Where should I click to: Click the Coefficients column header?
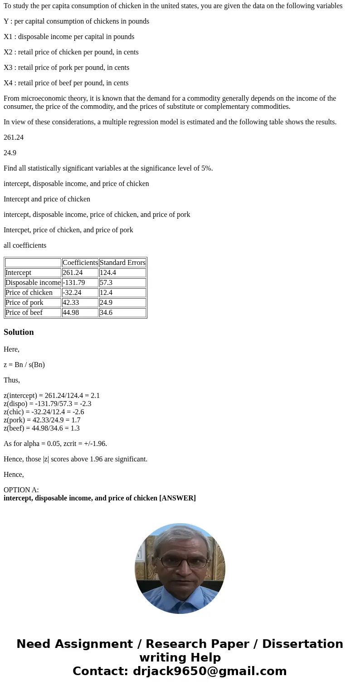pos(80,263)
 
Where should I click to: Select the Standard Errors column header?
pos(122,263)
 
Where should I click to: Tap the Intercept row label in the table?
pos(19,273)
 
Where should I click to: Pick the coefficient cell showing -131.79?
pos(74,283)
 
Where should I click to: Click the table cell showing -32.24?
pos(72,293)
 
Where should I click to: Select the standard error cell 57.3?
pos(106,283)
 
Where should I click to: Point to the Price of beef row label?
pos(24,313)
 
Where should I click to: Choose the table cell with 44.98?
pos(72,313)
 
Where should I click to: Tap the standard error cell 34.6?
pos(106,313)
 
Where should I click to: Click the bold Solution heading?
pos(19,332)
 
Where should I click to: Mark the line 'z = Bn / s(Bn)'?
pos(24,365)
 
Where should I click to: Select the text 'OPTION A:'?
pos(21,490)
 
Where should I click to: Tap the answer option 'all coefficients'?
pos(25,245)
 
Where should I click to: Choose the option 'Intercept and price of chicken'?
pos(47,199)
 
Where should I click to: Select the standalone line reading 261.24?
pos(14,137)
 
